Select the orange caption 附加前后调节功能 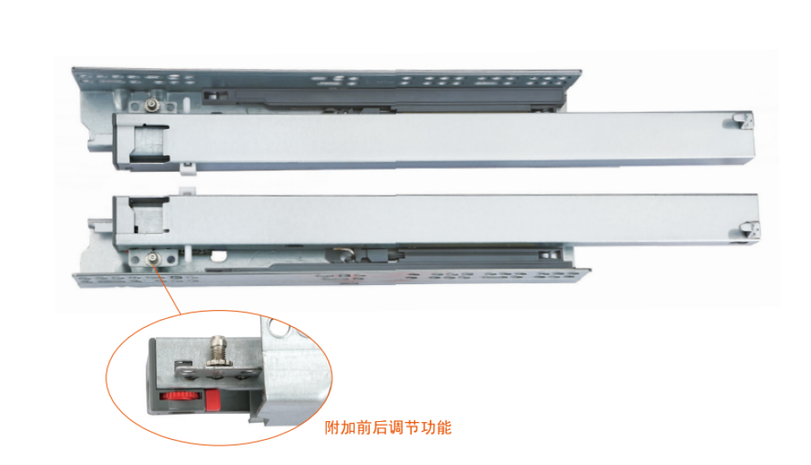click(x=388, y=428)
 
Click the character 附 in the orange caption click(x=332, y=428)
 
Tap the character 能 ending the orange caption click(x=444, y=428)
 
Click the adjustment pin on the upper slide click(x=153, y=105)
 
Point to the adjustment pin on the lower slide click(x=152, y=258)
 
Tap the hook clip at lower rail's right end click(x=749, y=230)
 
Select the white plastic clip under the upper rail click(x=187, y=166)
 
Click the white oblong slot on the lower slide click(x=219, y=255)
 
